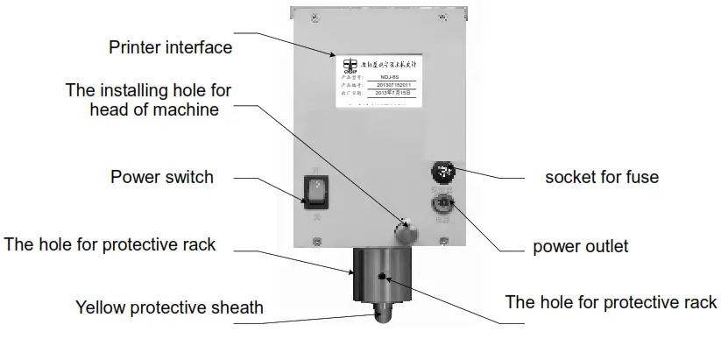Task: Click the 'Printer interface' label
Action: [170, 46]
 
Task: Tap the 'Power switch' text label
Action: [161, 177]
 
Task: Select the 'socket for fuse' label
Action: [601, 177]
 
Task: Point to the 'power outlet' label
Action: [580, 246]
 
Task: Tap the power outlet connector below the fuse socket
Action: [441, 206]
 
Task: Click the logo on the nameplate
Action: [350, 67]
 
